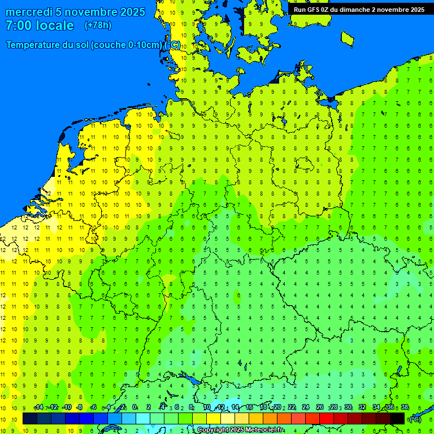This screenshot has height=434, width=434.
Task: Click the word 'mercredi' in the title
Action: [x=29, y=12]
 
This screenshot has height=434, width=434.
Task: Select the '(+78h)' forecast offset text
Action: [x=98, y=25]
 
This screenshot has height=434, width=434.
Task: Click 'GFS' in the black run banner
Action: [x=314, y=10]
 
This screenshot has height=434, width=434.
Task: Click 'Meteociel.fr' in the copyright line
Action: [x=264, y=430]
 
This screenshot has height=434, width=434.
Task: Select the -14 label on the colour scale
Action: [x=38, y=407]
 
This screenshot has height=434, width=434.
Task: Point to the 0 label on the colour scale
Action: [x=134, y=407]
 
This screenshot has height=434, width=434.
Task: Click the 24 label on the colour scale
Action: [x=305, y=407]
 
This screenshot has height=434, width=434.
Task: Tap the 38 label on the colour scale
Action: [x=404, y=407]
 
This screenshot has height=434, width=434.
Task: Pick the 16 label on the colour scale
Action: [x=249, y=407]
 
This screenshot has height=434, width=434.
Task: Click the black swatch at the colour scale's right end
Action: [x=397, y=418]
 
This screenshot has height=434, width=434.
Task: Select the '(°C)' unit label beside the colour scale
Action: [x=415, y=419]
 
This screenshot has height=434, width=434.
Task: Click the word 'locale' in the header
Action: [x=55, y=25]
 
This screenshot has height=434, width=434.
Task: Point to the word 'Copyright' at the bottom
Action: [x=212, y=430]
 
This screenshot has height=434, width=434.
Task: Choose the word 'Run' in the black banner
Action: [x=300, y=10]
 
